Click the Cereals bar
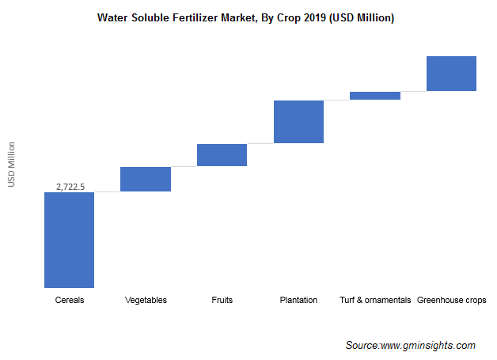pos(69,240)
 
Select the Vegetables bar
pos(146,179)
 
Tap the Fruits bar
pos(222,155)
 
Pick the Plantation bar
pos(298,122)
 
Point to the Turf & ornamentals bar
pos(375,96)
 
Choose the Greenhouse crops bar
pos(451,74)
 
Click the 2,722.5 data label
pos(70,186)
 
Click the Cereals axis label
pos(70,300)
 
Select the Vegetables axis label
pos(146,300)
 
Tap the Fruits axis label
pos(222,300)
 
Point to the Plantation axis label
pos(298,300)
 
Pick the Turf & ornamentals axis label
pos(375,300)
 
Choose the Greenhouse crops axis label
pos(452,300)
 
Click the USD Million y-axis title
pos(11,165)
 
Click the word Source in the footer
pos(361,346)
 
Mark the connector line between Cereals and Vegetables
pos(107,191)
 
